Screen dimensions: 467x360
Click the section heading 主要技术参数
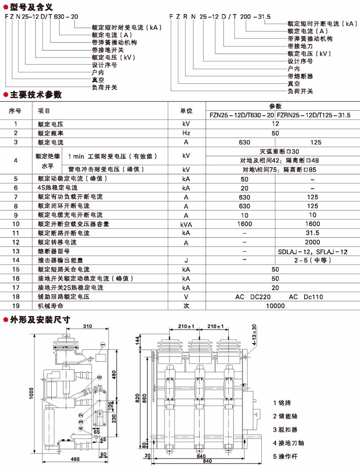click(36, 95)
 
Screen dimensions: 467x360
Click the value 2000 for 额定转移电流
click(313, 242)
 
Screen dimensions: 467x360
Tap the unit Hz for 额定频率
click(186, 133)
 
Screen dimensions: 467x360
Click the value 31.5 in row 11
click(313, 233)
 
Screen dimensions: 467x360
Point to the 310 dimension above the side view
click(88, 326)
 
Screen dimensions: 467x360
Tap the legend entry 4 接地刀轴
click(289, 443)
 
